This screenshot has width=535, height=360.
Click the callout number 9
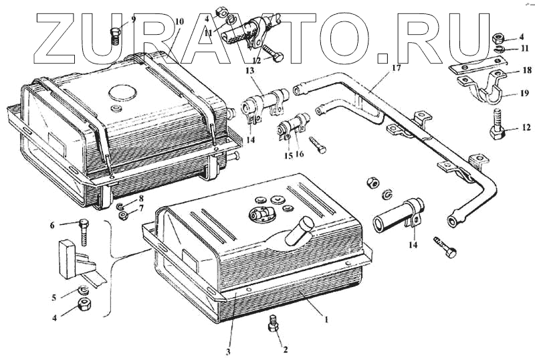133,19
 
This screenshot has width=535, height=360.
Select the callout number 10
179,21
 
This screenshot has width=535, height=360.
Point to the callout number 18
527,70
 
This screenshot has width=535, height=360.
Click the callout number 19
527,94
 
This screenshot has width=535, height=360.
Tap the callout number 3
228,352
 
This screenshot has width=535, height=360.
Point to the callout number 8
141,199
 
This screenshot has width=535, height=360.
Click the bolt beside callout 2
272,323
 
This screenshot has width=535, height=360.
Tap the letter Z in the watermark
64,40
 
